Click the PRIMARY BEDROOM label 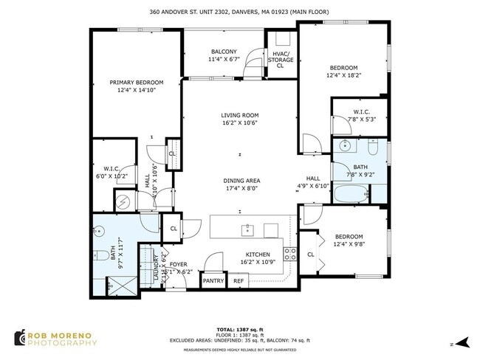(137, 82)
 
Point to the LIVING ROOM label (239, 115)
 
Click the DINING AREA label (241, 180)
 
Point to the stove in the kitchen (291, 255)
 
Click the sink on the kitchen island (247, 230)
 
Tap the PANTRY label (213, 281)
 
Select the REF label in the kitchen (239, 281)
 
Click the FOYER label (179, 263)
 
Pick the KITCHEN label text (259, 255)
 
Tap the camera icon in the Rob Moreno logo (20, 338)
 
